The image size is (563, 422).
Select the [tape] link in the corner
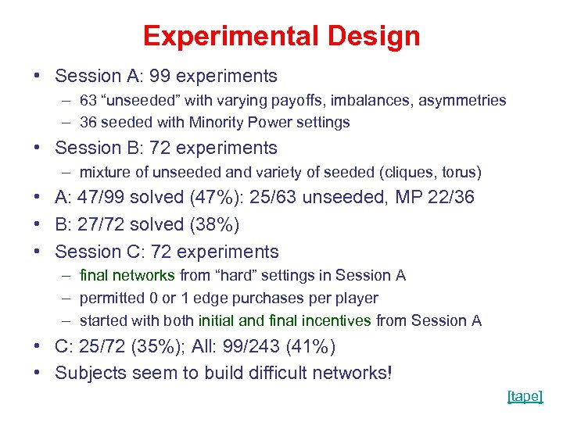[x=524, y=396]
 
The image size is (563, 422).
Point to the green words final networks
[x=128, y=275]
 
